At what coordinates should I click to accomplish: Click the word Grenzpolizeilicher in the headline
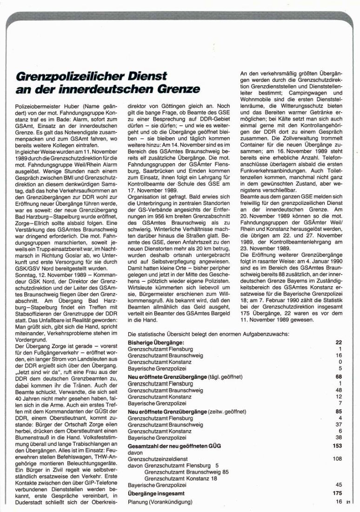pos(63,76)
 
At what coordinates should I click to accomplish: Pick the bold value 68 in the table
pos(339,376)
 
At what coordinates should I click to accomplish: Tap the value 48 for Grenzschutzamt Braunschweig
pos(339,389)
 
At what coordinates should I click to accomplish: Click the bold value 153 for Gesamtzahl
pos(337,445)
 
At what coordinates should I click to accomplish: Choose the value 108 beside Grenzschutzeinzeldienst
pos(337,458)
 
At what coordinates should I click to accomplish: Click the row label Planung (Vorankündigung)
pos(160,502)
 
